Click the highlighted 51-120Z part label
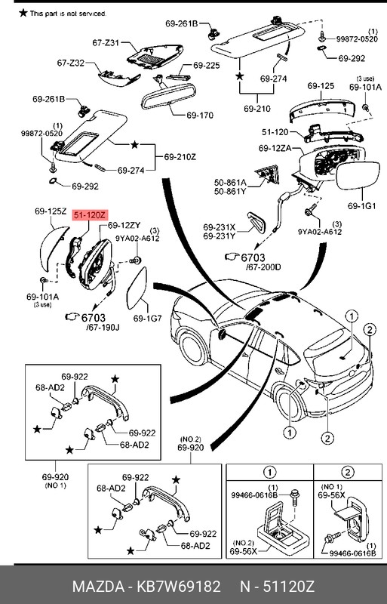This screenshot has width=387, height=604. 90,215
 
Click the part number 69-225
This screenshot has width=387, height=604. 206,66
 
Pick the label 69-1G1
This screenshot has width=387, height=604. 363,205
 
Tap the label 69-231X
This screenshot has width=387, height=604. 219,226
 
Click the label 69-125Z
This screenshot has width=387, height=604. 51,212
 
